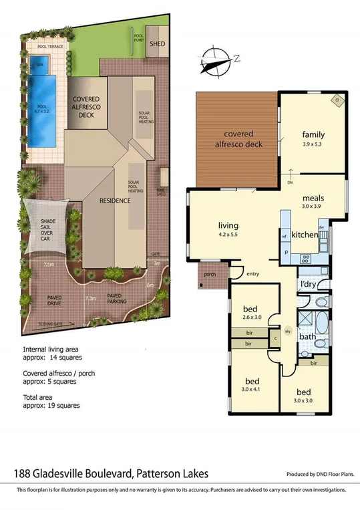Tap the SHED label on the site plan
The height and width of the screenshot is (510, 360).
157,44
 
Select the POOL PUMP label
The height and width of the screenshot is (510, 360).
139,38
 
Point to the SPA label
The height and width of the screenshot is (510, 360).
39,64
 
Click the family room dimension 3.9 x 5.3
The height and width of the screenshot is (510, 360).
313,144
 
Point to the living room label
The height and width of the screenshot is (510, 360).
228,225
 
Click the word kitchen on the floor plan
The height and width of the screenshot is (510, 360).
305,235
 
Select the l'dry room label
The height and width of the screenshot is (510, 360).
308,285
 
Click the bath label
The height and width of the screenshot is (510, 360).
307,336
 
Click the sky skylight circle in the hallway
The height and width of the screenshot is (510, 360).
288,331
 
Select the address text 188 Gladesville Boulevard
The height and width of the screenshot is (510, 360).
71,473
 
